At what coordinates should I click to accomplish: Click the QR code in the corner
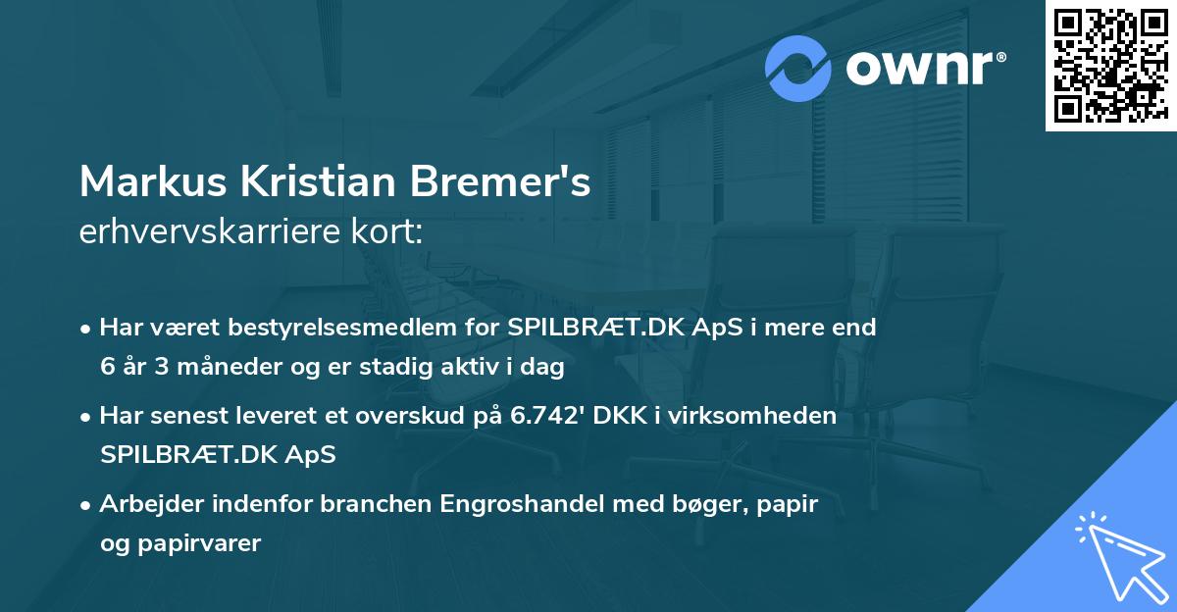[x=1110, y=65]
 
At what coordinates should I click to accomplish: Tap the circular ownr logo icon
[x=798, y=69]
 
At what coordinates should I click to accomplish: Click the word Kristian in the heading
[x=312, y=182]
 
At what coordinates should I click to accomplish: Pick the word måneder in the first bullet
[x=232, y=367]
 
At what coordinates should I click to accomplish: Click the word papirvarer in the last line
[x=200, y=543]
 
